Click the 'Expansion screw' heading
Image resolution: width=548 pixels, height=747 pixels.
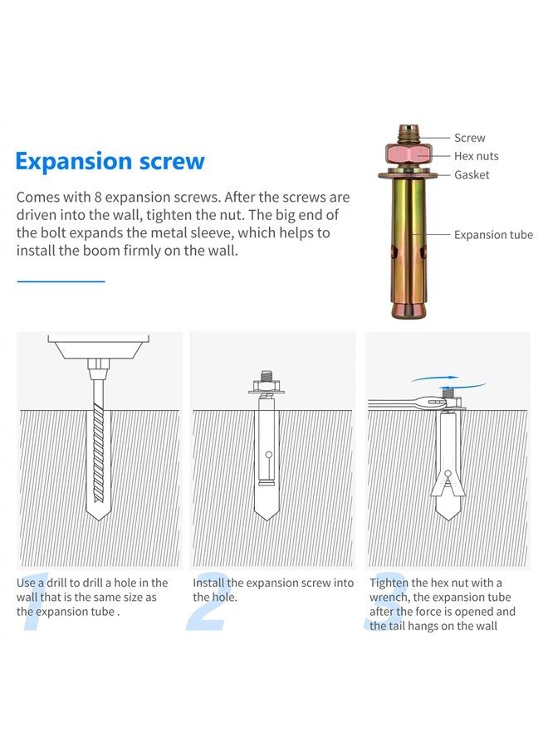click(110, 162)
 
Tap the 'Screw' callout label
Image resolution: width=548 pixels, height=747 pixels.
click(469, 138)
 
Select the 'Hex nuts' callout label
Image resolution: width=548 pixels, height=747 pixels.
click(476, 156)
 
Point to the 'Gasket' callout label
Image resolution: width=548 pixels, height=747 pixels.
click(472, 175)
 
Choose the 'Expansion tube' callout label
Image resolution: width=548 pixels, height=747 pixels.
click(493, 235)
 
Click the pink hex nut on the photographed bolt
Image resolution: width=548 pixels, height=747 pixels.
click(408, 154)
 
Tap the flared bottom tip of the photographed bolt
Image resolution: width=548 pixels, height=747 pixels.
click(409, 310)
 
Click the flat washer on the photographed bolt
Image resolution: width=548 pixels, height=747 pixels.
click(409, 175)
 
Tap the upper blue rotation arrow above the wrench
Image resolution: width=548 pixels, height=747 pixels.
click(435, 378)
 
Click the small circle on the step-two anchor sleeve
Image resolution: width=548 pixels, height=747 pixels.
click(269, 454)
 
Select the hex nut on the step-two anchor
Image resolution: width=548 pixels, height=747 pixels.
click(267, 385)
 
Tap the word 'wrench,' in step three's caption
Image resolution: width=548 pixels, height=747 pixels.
click(389, 598)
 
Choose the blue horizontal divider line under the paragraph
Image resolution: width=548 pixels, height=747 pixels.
click(61, 281)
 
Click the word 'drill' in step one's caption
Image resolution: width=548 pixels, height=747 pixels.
click(56, 583)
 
